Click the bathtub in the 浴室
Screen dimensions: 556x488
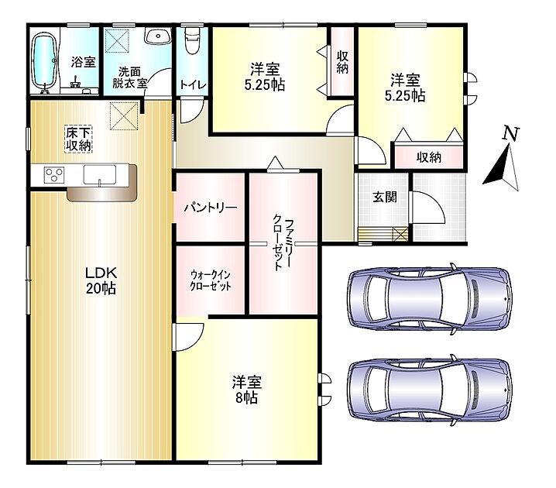tap(45, 62)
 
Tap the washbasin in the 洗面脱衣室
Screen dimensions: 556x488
tap(158, 36)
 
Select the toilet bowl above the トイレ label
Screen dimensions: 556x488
tap(193, 41)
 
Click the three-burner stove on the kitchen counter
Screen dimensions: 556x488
tap(54, 175)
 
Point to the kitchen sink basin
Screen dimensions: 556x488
tap(100, 174)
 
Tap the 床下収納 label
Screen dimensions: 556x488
tap(78, 139)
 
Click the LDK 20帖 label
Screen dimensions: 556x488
tap(101, 280)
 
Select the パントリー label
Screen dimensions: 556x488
tap(211, 208)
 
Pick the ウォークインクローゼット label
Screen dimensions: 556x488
tap(211, 280)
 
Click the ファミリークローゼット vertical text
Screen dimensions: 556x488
tap(283, 245)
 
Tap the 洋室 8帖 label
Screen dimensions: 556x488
tap(247, 390)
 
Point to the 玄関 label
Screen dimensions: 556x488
tap(384, 198)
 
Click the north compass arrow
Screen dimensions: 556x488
tap(502, 167)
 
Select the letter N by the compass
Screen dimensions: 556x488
tap(510, 134)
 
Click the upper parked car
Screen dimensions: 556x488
tap(430, 299)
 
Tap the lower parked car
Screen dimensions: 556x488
tap(430, 390)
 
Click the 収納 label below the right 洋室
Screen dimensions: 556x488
tap(429, 157)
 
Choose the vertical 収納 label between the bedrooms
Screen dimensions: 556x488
tap(342, 63)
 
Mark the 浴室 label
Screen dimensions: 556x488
tap(84, 62)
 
